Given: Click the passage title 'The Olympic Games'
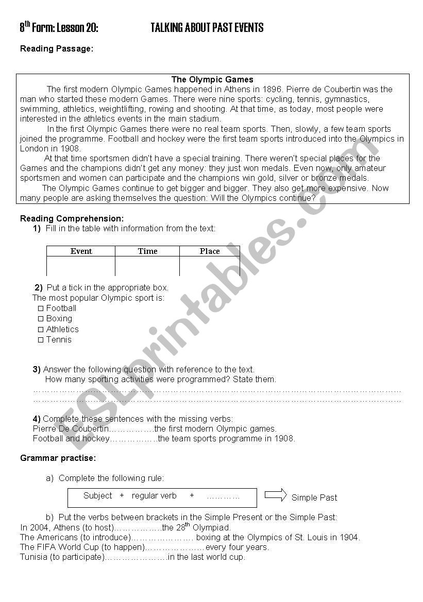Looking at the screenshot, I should tap(212, 80).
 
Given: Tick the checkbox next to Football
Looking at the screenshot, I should tap(41, 308).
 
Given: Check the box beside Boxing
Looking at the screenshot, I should tap(41, 319).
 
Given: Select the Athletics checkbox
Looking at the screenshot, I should tap(41, 330).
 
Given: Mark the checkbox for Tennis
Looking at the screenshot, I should tap(41, 340).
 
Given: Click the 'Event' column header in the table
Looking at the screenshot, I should tap(81, 251).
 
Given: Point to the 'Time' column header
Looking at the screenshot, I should tap(147, 251).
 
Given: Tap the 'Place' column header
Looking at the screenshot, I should tap(210, 251).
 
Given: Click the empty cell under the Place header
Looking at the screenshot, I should tap(210, 266).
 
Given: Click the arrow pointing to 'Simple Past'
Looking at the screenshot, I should tap(276, 495).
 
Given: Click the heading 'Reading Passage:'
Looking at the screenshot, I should tap(57, 49).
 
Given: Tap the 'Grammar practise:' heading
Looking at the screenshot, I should tap(58, 458).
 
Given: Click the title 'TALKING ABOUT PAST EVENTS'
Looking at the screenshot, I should tap(207, 28).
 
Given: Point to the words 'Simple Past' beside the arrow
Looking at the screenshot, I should tap(314, 497).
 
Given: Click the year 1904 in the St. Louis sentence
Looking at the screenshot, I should tap(349, 538).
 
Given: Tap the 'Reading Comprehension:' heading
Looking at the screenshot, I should tap(72, 219).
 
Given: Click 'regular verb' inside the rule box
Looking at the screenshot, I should tap(154, 496).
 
